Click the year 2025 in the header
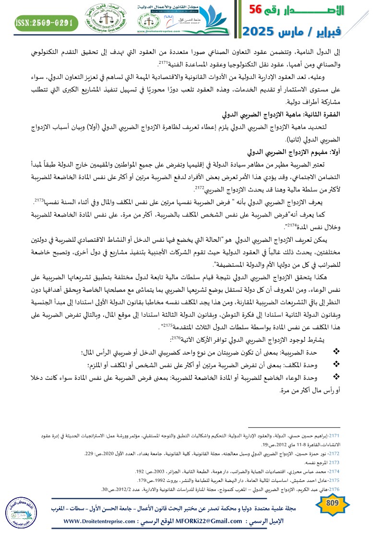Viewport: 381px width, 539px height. [x=260, y=32]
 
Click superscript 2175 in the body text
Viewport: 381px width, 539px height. [x=167, y=325]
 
